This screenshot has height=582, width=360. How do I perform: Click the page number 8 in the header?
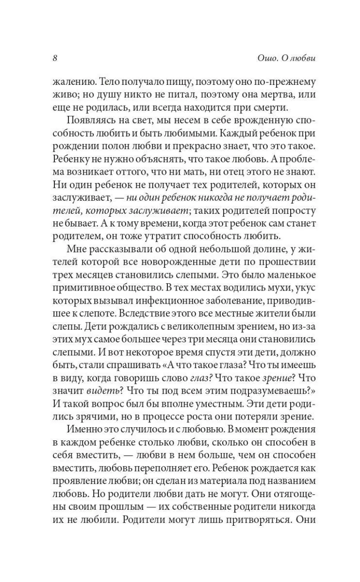pyautogui.click(x=55, y=58)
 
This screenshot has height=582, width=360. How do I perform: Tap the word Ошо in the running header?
pyautogui.click(x=264, y=58)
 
